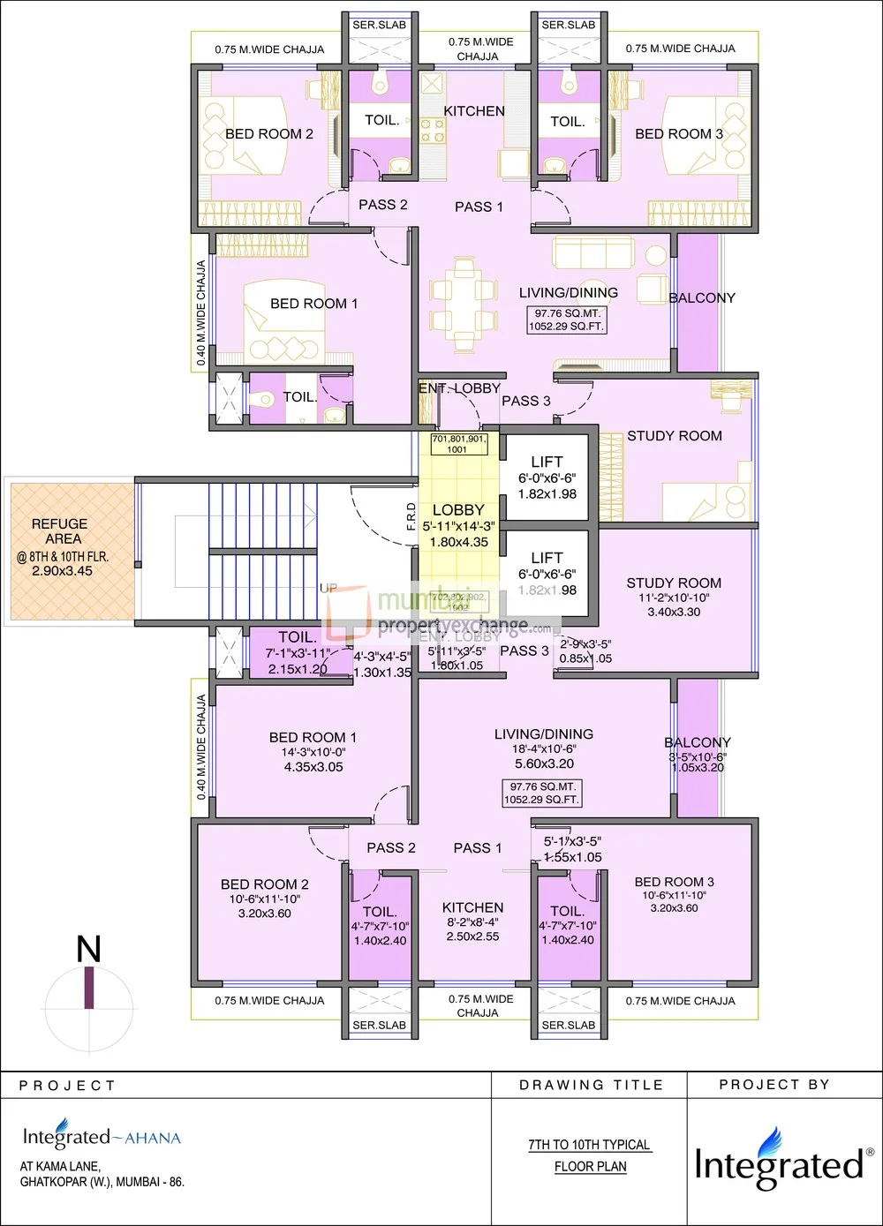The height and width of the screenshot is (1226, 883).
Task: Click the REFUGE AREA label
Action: coord(59,531)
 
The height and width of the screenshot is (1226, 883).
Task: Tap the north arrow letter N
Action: coord(88,950)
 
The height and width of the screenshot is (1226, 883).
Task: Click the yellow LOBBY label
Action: coord(458,510)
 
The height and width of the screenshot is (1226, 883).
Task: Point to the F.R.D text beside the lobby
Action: coord(411,516)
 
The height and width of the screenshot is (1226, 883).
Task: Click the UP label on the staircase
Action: coord(328,588)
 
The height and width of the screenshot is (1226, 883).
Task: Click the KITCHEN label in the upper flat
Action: coord(474,111)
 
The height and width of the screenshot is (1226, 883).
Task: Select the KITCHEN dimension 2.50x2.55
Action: coord(472,936)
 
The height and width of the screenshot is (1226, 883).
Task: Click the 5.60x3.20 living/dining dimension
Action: coord(544,763)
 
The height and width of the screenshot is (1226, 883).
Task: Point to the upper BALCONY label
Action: coord(702,298)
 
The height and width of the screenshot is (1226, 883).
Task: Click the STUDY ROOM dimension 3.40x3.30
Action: coord(674,612)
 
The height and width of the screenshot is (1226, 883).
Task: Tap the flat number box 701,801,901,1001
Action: coord(458,444)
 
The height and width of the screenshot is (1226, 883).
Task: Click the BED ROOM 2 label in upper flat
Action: coord(269,134)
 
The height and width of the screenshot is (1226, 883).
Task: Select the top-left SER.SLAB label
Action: coord(380,26)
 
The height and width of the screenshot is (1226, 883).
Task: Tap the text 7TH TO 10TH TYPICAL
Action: coord(589,1145)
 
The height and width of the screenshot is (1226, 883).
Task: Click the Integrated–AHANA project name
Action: coord(102,1137)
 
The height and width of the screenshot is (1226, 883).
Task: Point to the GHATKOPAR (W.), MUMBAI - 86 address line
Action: coord(102,1182)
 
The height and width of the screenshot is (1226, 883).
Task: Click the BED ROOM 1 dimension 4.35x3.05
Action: coord(313,767)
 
